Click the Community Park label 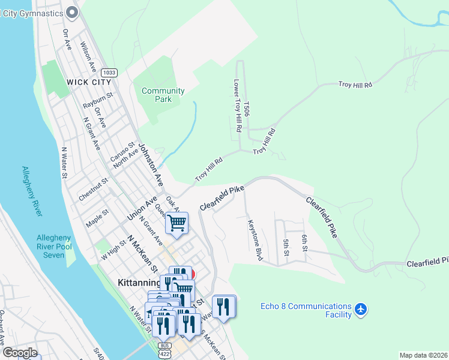(163, 95)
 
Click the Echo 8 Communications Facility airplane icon (360, 310)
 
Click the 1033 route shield (109, 72)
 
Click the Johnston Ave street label (151, 163)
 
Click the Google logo (20, 353)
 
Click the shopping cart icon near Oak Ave (177, 223)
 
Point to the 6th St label (304, 243)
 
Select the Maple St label (97, 214)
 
